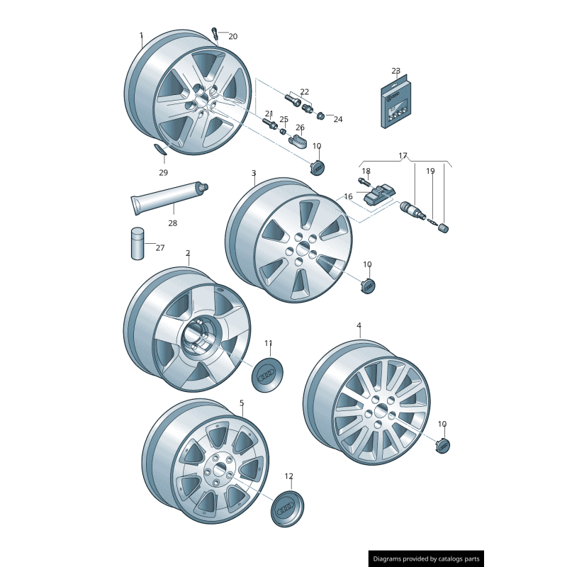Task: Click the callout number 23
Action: coord(396,71)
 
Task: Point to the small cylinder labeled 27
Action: coord(137,243)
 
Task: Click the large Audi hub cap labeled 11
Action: coord(267,374)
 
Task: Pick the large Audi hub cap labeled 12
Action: coord(288,508)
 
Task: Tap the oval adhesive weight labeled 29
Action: coord(160,149)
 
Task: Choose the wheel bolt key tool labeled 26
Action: coord(297,141)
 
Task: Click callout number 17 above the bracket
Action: coord(403,156)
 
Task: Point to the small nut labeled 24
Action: coord(320,116)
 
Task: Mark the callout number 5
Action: coord(242,403)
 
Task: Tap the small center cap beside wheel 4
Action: coord(443,446)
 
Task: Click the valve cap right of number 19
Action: coord(444,228)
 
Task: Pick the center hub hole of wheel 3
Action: coord(303,249)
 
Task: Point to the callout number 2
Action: coord(188,253)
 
